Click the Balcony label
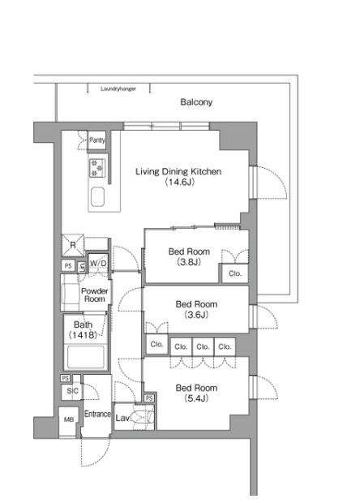(196, 102)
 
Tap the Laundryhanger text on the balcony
(118, 89)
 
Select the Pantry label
(96, 140)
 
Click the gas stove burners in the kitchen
(97, 168)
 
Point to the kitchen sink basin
(97, 196)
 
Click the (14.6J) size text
(179, 183)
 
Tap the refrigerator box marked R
(73, 245)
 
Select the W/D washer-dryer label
(98, 264)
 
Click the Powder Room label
(94, 295)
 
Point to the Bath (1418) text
(83, 329)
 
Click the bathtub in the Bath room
(86, 357)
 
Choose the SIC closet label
(72, 391)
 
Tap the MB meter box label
(69, 419)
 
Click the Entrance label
(97, 414)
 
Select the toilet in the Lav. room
(143, 418)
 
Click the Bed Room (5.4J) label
(196, 393)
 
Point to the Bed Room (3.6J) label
(196, 309)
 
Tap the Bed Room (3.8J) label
(189, 256)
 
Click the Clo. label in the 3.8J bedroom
(235, 273)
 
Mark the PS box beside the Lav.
(149, 398)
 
